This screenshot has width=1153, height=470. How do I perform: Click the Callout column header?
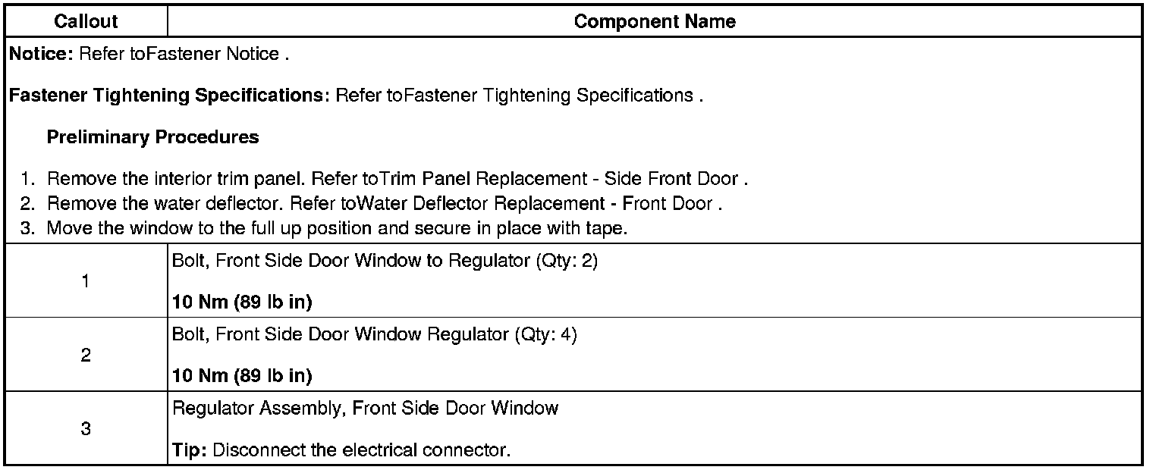(x=86, y=21)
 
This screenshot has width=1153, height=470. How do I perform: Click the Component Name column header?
(x=655, y=21)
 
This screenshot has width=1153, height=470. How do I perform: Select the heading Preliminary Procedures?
(x=152, y=137)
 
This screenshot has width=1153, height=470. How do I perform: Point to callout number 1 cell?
(x=86, y=281)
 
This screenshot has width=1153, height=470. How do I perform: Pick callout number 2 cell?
(x=86, y=355)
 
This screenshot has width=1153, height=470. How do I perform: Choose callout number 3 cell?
(x=86, y=428)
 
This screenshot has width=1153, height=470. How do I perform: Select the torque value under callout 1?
(x=242, y=302)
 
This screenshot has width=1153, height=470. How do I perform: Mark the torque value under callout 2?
(x=242, y=376)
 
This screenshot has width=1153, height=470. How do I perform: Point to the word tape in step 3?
(x=608, y=229)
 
